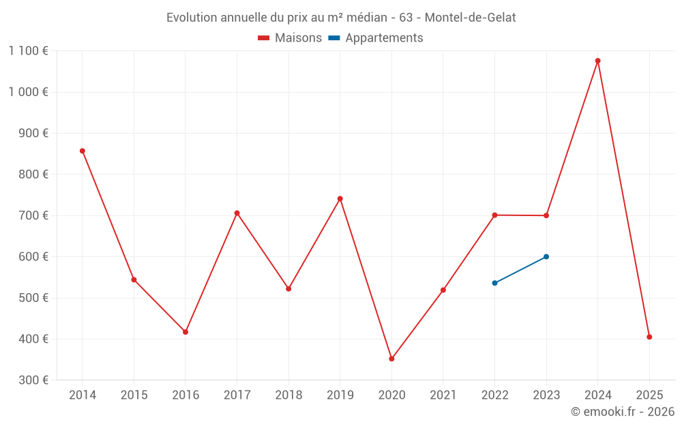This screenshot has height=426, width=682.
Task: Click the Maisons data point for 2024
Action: (597, 61)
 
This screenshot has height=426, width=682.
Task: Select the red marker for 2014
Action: (83, 151)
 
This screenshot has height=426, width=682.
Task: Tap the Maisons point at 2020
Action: (391, 359)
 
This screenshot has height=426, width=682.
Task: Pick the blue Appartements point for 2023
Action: (546, 256)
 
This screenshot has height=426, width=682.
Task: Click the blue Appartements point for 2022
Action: (494, 283)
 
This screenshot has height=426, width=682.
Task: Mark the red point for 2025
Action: (649, 337)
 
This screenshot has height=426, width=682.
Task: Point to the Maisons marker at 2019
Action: (340, 198)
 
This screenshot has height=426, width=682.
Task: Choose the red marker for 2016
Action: (186, 332)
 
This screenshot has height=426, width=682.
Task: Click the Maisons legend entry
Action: (290, 38)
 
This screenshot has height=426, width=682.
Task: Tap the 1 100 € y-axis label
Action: (28, 50)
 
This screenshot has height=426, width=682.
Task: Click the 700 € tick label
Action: (34, 215)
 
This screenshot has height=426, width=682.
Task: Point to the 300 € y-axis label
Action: (34, 380)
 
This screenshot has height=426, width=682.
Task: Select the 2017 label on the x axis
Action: (237, 395)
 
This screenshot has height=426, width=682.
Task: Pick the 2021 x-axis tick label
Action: (443, 395)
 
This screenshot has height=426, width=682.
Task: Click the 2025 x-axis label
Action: (649, 395)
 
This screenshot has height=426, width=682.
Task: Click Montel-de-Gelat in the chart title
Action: (470, 18)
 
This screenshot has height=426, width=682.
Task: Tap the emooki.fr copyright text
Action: (622, 412)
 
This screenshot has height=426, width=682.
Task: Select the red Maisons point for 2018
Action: (288, 288)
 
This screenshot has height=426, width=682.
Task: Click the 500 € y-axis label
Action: (34, 298)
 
